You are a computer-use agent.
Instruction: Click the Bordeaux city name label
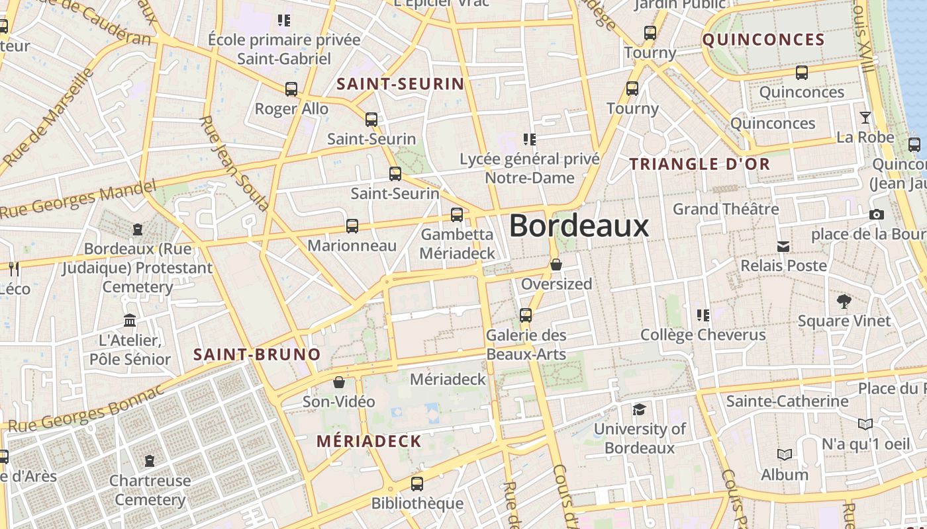[x=579, y=226]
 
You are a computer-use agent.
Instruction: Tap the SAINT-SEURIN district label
[x=401, y=84]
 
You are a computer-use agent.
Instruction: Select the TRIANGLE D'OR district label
[x=700, y=164]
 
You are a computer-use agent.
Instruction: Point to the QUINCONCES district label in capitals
[x=763, y=40]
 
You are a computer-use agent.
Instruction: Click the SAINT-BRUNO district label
[x=257, y=354]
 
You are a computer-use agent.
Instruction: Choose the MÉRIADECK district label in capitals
[x=369, y=441]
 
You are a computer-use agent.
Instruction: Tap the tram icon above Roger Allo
[x=291, y=89]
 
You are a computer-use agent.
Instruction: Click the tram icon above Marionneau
[x=352, y=226]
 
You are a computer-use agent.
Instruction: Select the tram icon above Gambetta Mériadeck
[x=457, y=215]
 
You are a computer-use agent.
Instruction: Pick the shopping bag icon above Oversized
[x=556, y=264]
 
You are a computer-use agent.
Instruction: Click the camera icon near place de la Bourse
[x=876, y=214]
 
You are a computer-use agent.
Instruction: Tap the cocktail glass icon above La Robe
[x=865, y=118]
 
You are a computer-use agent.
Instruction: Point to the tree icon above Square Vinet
[x=844, y=302]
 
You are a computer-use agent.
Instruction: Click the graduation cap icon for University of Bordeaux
[x=639, y=410]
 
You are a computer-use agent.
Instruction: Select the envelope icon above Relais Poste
[x=783, y=247]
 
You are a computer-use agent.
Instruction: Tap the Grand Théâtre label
[x=726, y=209]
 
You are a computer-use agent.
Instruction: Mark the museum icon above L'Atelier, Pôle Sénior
[x=130, y=321]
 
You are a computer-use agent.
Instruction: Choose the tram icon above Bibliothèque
[x=417, y=484]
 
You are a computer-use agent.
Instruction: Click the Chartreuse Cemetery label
[x=150, y=490]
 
